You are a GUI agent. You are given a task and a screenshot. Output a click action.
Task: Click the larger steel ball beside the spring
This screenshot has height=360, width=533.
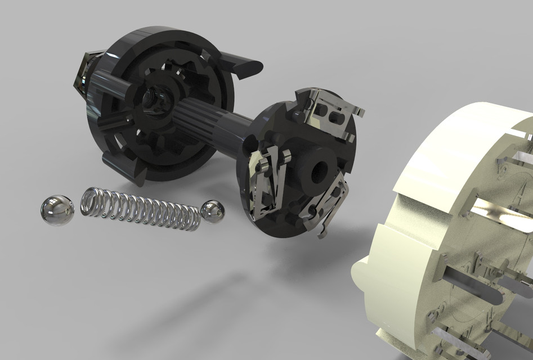tap(57, 210)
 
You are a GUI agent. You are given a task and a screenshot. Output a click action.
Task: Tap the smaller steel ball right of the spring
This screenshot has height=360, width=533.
tap(213, 211)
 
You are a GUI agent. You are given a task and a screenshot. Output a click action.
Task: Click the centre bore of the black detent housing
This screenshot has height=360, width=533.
tap(152, 98)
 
